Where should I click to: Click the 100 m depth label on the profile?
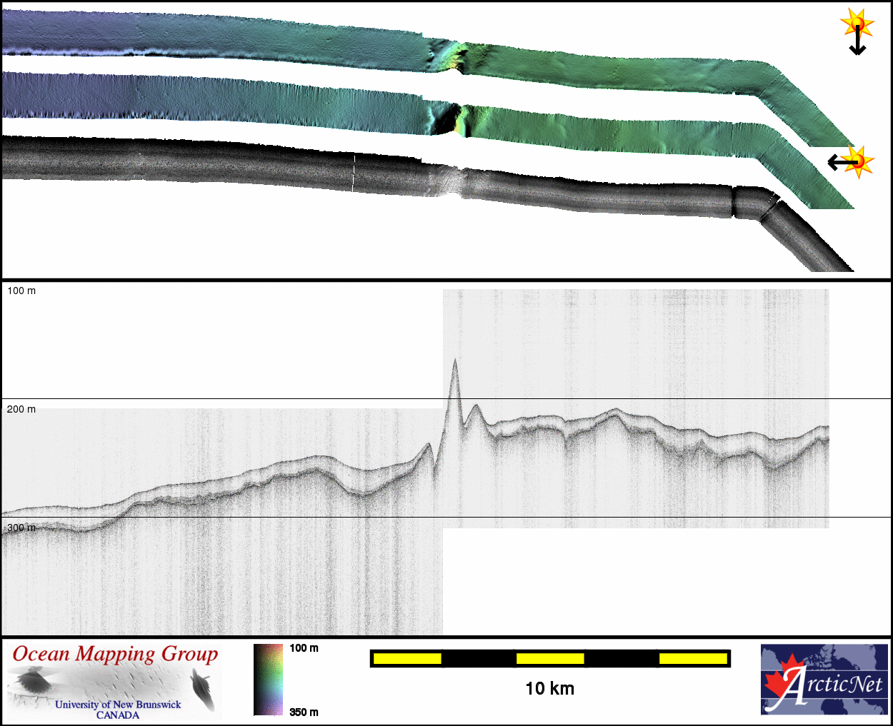coord(21,291)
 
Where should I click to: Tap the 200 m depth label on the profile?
coord(21,409)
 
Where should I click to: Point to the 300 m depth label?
coord(21,528)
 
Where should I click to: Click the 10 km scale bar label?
coord(549,689)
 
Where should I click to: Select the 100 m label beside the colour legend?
coord(304,648)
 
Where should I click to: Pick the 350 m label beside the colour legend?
coord(304,712)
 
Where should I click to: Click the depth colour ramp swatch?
coord(269,680)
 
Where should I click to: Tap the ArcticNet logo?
coord(824,679)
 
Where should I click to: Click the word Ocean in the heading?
coord(41,654)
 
